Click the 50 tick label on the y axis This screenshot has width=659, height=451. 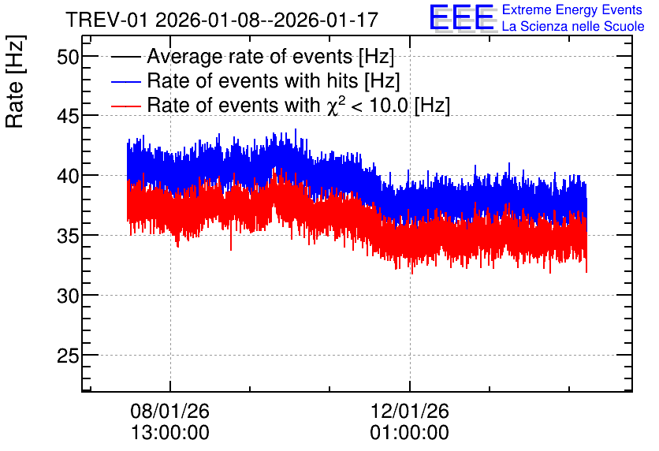[68, 56]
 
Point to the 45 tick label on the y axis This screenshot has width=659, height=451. [68, 117]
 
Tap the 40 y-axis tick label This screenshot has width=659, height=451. [68, 176]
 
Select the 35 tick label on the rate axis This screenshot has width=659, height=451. [68, 237]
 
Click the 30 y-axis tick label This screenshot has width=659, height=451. [68, 296]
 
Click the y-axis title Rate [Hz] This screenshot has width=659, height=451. [16, 81]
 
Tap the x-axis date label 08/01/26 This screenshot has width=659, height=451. [169, 411]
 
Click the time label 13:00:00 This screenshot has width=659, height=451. [169, 433]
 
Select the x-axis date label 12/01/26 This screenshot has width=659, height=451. [409, 411]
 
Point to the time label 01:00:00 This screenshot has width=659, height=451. [409, 433]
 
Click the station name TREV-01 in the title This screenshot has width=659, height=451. [107, 20]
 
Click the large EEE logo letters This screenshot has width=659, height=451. [462, 18]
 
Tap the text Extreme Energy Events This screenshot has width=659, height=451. [572, 9]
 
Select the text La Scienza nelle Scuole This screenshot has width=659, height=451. [573, 26]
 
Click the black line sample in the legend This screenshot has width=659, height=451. [125, 57]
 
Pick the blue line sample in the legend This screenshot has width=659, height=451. [125, 81]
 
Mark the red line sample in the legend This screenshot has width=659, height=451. [125, 106]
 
